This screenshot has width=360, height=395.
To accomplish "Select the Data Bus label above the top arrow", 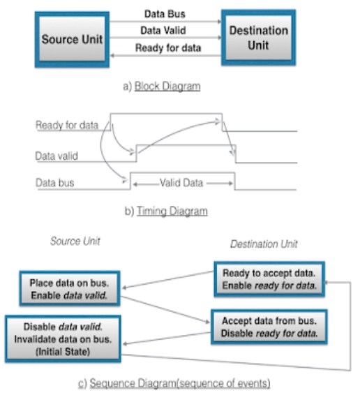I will pyautogui.click(x=165, y=13).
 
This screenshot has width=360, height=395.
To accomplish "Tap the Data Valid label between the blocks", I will pyautogui.click(x=165, y=30).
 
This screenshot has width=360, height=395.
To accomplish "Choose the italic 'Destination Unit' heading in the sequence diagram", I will pyautogui.click(x=264, y=244).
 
